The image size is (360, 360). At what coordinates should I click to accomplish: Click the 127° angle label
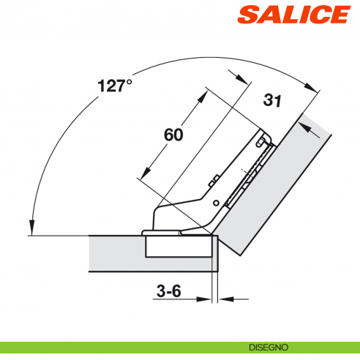tap(114, 86)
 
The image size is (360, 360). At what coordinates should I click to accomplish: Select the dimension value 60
tap(173, 135)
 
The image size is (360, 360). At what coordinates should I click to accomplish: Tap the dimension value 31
tap(272, 102)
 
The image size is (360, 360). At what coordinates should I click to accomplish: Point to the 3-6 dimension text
tap(168, 290)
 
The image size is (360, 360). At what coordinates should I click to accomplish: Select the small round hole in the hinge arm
tap(216, 202)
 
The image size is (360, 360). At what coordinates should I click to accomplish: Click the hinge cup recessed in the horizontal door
tap(180, 245)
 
